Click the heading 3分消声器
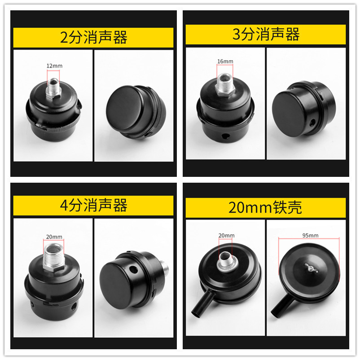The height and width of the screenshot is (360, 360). click(266, 35)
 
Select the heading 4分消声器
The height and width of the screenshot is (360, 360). click(93, 206)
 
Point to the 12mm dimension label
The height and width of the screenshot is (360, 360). click(54, 66)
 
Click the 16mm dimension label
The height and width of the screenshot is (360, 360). click(225, 61)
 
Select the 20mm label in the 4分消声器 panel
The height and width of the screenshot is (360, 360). click(54, 237)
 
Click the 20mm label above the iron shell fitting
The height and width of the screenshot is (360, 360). click(226, 235)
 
